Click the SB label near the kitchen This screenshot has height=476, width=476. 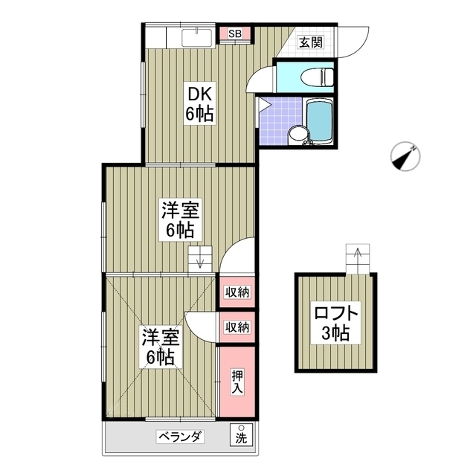(x=234, y=33)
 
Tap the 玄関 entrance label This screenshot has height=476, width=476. (x=311, y=42)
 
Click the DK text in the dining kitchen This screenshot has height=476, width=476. (x=200, y=94)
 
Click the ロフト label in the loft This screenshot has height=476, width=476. (x=336, y=313)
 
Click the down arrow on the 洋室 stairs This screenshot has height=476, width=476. (x=199, y=260)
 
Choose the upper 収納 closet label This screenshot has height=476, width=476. (x=237, y=291)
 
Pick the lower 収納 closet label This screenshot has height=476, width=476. (x=237, y=326)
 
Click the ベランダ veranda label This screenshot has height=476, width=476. (x=179, y=437)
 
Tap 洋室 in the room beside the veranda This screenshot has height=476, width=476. (x=160, y=337)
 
